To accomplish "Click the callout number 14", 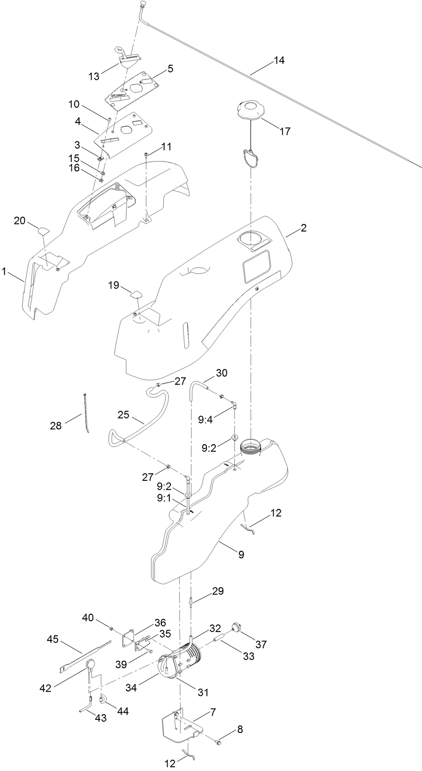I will (279, 61).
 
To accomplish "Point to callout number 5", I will (170, 69).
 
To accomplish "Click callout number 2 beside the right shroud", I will (304, 228).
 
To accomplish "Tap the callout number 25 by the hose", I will (123, 415).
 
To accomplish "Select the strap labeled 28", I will (86, 413).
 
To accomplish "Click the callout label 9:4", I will (206, 420).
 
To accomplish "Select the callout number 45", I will (53, 639).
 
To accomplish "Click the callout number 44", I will (123, 711).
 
